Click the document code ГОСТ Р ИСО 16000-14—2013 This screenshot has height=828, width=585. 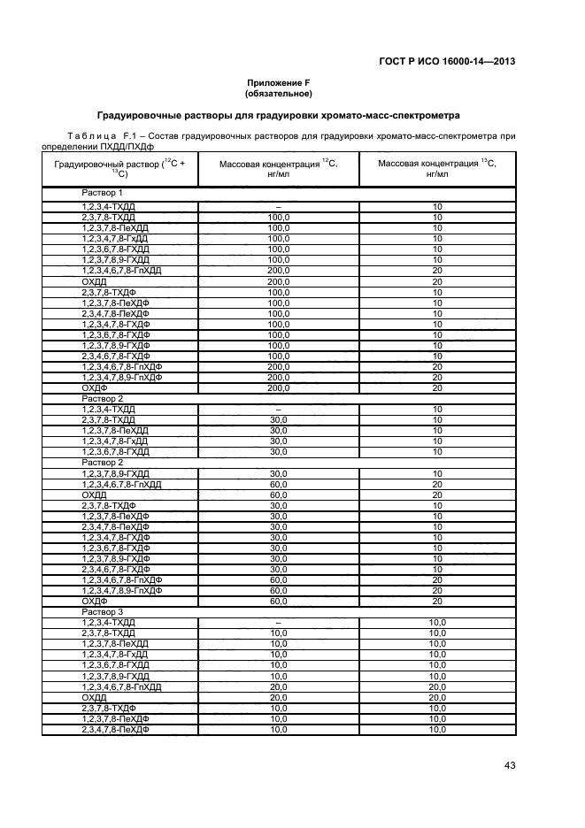click(x=449, y=61)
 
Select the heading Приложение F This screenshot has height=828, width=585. click(x=278, y=82)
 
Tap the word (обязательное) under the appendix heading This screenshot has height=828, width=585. click(x=278, y=92)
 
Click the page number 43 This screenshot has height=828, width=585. click(x=509, y=765)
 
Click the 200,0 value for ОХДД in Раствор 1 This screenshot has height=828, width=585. click(x=279, y=280)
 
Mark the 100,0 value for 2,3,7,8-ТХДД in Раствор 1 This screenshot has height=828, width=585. click(x=279, y=216)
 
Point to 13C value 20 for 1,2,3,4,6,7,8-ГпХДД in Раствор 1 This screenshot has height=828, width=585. click(x=437, y=269)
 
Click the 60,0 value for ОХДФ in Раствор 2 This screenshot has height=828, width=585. click(x=279, y=601)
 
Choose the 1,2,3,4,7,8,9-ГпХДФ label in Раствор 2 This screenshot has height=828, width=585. click(x=122, y=590)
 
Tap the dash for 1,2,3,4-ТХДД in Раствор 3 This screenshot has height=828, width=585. click(x=278, y=623)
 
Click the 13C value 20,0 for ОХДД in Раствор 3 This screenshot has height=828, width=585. click(x=437, y=697)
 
